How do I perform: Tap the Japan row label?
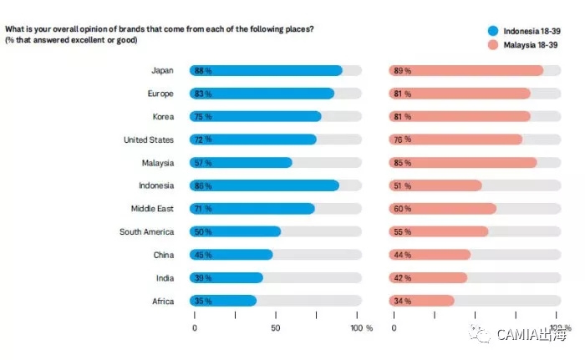click(162, 71)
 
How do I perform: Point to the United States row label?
click(149, 139)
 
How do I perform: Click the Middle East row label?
click(152, 208)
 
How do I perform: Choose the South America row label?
click(146, 231)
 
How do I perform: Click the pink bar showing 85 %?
click(463, 162)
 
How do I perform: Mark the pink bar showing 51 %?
click(435, 185)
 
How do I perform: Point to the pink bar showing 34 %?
click(422, 301)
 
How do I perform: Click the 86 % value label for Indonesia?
click(202, 185)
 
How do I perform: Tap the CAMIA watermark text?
click(534, 335)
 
